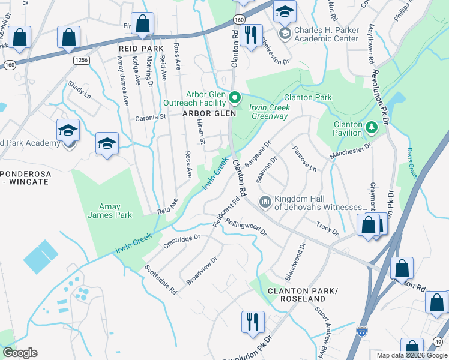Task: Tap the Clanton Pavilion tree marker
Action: point(372,127)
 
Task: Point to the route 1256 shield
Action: point(82,61)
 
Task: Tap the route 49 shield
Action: point(439,341)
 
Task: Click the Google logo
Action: point(20,353)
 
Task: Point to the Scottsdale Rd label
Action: point(161,280)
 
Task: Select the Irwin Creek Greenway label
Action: point(270,112)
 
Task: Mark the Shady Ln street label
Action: point(79,90)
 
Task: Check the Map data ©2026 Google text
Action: point(411,355)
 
